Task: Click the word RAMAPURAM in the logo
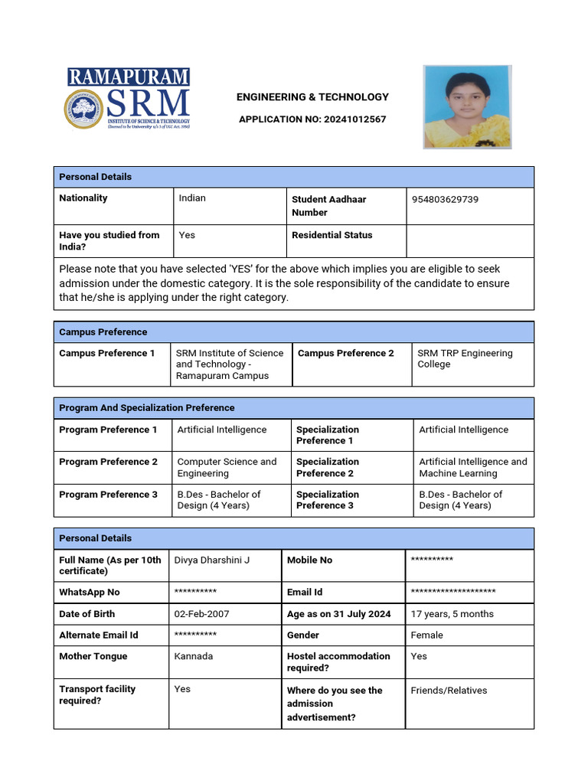coord(128,77)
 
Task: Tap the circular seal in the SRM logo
coord(83,108)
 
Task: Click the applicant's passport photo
coord(467,106)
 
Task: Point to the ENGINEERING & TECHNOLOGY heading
coord(312,97)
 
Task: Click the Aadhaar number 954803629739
coord(445,199)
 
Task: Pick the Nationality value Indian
coord(192,198)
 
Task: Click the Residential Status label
coord(332,235)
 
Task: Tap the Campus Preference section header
coord(103,332)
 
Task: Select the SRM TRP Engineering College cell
coord(465,358)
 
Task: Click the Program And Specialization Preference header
coord(146,408)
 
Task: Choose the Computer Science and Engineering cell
coord(227,467)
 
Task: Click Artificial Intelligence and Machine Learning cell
coord(472,467)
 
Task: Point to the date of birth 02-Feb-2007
coord(201,614)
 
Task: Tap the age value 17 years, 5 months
coord(452,614)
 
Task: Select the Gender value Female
coord(426,635)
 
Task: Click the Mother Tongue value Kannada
coord(194,656)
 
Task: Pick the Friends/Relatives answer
coord(449,691)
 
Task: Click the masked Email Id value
coord(452,593)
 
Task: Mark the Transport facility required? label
coord(97,694)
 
